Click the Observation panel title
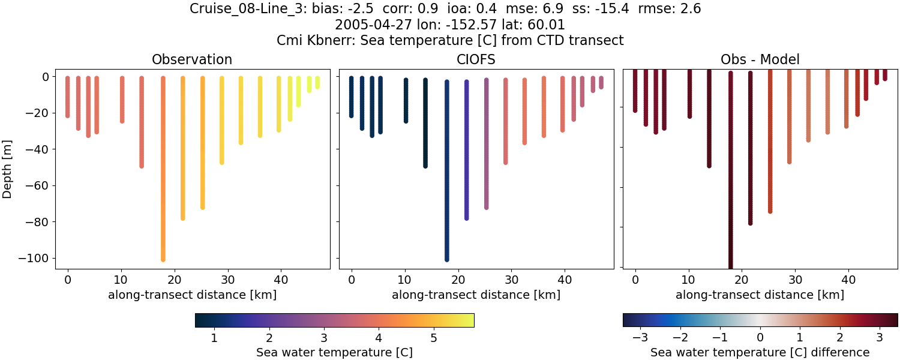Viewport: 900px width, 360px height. [x=192, y=59]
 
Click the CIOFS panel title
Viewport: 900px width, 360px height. [x=476, y=59]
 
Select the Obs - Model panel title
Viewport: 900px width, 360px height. [x=760, y=59]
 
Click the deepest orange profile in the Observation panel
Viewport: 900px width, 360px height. [x=163, y=180]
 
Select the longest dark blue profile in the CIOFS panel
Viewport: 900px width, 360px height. [x=446, y=180]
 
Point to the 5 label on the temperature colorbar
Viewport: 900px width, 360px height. [x=433, y=338]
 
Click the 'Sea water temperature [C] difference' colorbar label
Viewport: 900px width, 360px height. [x=760, y=352]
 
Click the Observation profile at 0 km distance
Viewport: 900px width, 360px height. [x=67, y=96]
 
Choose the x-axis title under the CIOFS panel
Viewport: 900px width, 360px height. [x=476, y=295]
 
